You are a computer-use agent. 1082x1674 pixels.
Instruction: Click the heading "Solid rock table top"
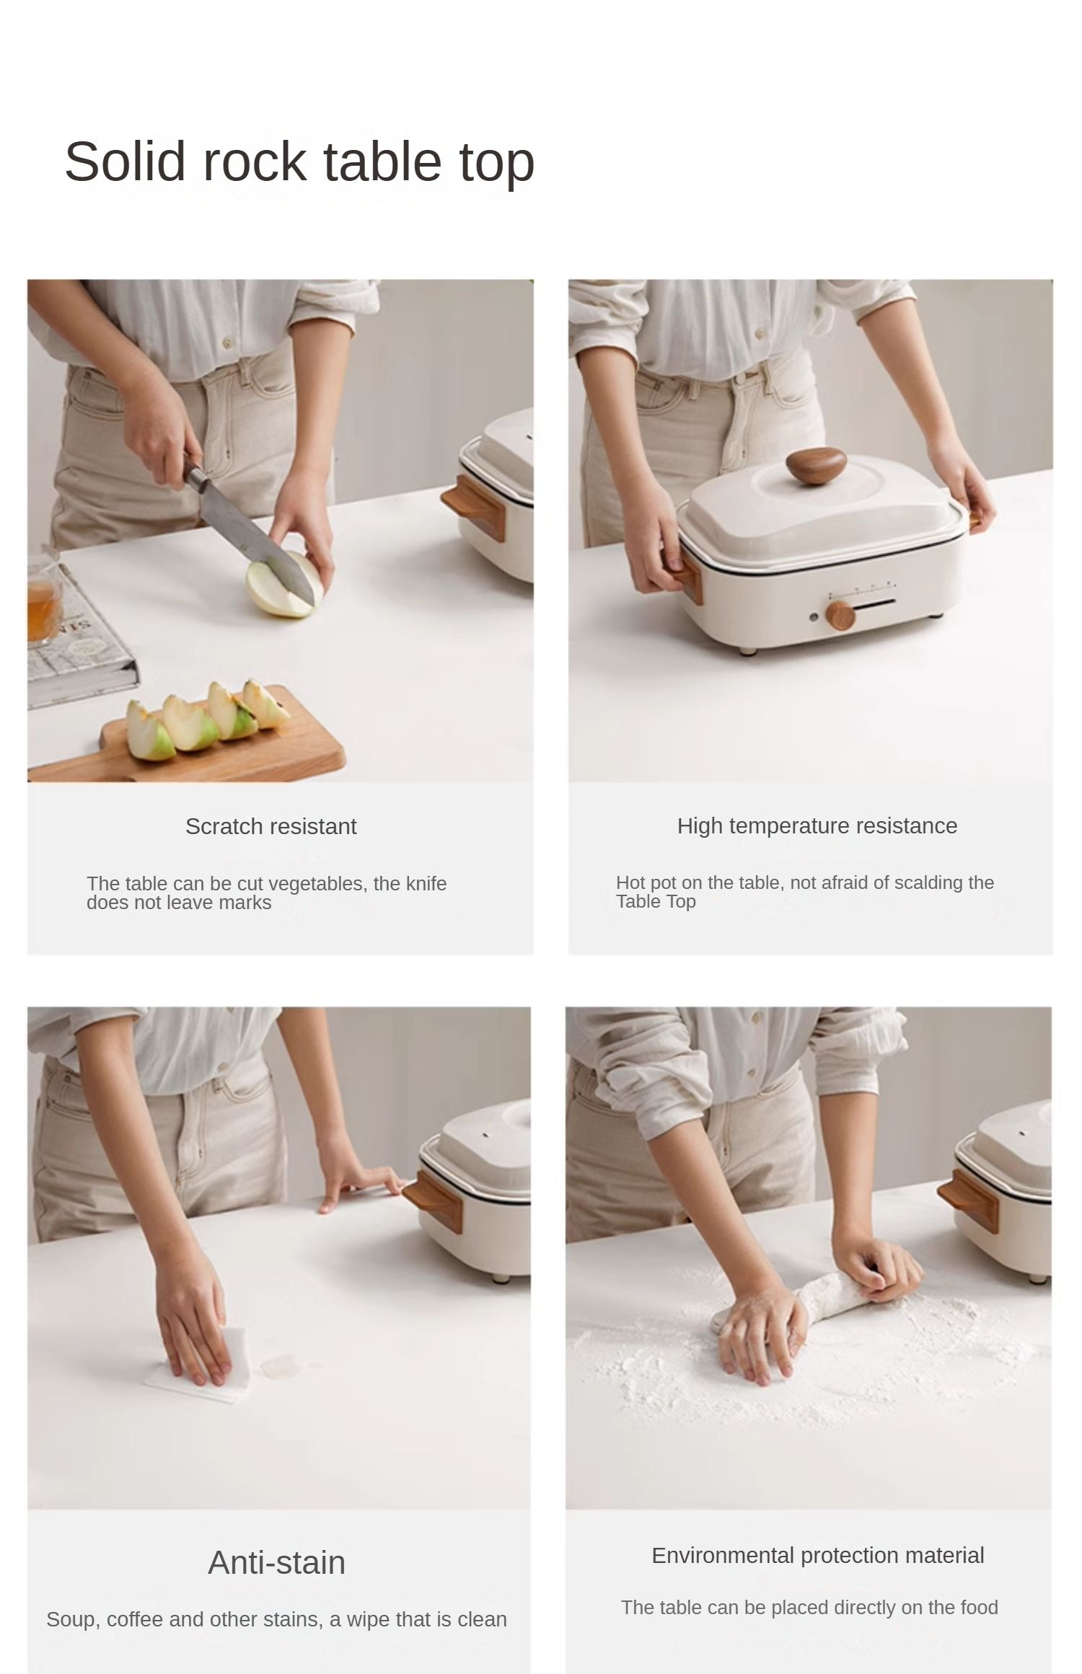coord(299,161)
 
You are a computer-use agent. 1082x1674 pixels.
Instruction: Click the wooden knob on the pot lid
coord(816,466)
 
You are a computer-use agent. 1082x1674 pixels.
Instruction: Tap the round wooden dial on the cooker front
coord(840,615)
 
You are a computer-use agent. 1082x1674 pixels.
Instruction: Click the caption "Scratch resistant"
coord(271,826)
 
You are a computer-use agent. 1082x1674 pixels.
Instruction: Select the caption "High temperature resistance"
coord(817,826)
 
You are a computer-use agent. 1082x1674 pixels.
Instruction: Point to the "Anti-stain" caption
coord(277,1563)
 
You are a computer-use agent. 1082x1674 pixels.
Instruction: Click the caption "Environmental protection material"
coord(818,1555)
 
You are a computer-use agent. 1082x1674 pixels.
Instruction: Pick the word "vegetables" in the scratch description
coord(313,884)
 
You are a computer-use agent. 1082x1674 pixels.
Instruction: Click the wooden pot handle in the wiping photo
coord(431,1200)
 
